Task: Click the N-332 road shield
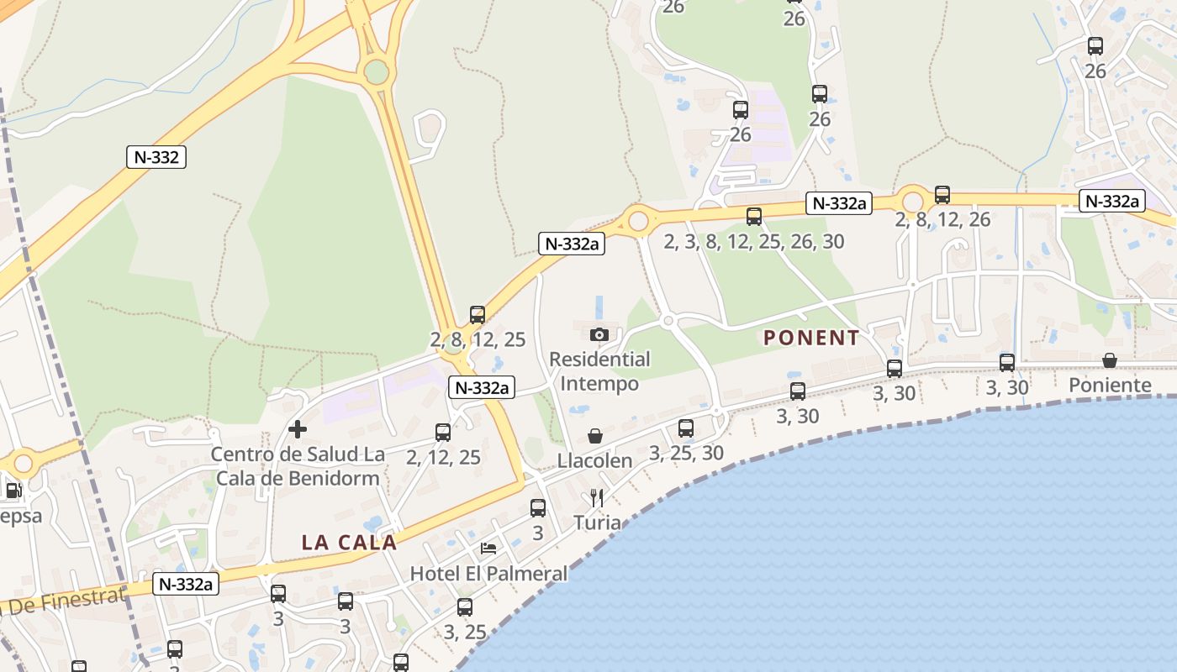(156, 157)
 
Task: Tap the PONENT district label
(811, 339)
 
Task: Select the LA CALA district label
(349, 543)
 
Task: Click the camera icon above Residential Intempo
(599, 334)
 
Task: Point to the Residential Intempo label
(599, 371)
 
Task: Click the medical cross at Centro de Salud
(297, 429)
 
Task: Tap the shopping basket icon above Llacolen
(595, 436)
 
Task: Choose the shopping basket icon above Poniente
(1110, 360)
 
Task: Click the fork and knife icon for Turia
(597, 497)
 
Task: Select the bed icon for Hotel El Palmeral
(488, 549)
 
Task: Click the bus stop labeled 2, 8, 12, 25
(478, 315)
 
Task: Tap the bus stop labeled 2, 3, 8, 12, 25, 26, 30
(754, 217)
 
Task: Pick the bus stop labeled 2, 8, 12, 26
(942, 195)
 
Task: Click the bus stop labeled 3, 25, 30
(686, 428)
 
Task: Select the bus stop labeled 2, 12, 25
(443, 433)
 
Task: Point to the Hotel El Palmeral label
(488, 574)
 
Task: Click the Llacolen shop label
(595, 461)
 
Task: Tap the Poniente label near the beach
(1110, 386)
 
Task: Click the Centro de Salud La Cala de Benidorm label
(298, 466)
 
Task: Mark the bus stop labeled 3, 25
(465, 607)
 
